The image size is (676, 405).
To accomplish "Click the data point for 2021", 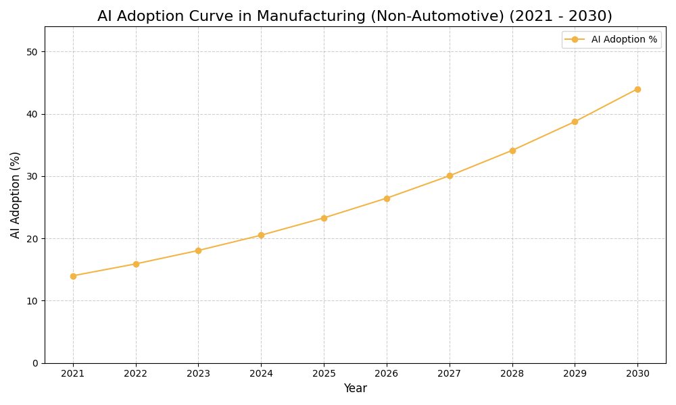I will pos(73,276).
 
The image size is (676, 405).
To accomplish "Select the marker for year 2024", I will pos(261,236).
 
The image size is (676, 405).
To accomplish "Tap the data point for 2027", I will pos(450,175).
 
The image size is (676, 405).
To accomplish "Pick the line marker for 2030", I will pos(637,89).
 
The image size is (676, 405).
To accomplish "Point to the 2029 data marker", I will pos(575,122).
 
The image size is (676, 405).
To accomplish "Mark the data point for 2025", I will pos(324,218).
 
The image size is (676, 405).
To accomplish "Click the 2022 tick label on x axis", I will pos(136,373).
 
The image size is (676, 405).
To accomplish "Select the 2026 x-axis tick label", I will pos(387,373).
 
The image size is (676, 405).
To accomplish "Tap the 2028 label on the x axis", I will pos(512,373).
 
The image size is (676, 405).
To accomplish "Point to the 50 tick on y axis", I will pos(32,52).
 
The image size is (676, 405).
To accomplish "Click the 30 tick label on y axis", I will pos(32,176).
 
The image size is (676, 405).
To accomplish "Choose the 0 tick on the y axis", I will pos(35,363).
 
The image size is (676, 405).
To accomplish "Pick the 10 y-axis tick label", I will pos(32,301).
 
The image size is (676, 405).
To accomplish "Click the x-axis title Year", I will pos(355,389).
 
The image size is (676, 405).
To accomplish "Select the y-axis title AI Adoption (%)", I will pos(16,194).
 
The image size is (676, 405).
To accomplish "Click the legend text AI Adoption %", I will pos(624,40).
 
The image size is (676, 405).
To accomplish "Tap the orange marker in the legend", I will pos(575,40).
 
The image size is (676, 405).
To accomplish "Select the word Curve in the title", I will pos(208,16).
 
